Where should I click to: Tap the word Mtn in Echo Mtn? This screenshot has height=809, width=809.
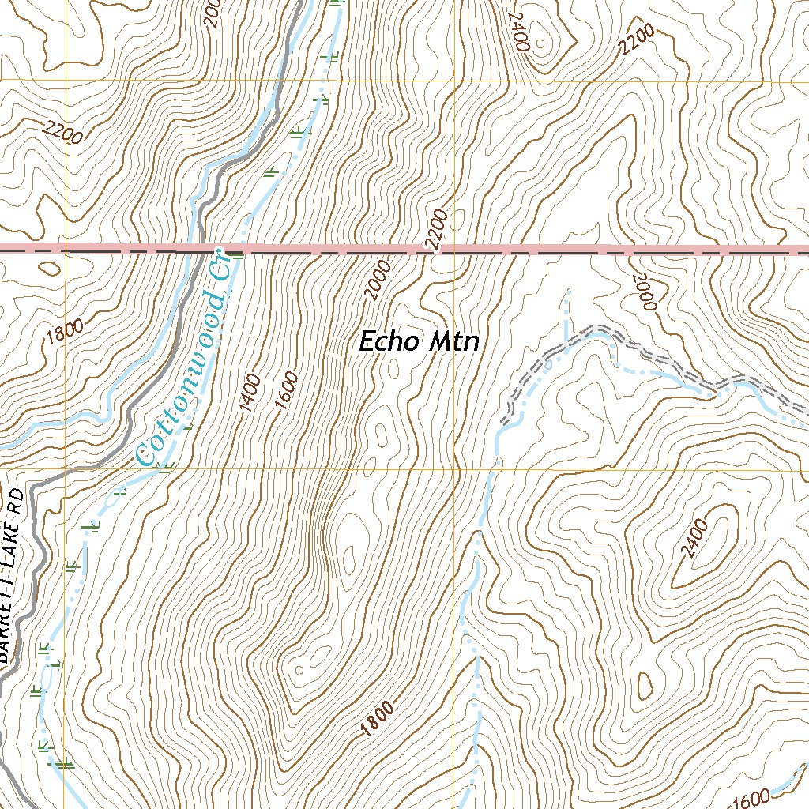click(x=453, y=341)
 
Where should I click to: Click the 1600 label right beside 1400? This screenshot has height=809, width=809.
click(x=286, y=390)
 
